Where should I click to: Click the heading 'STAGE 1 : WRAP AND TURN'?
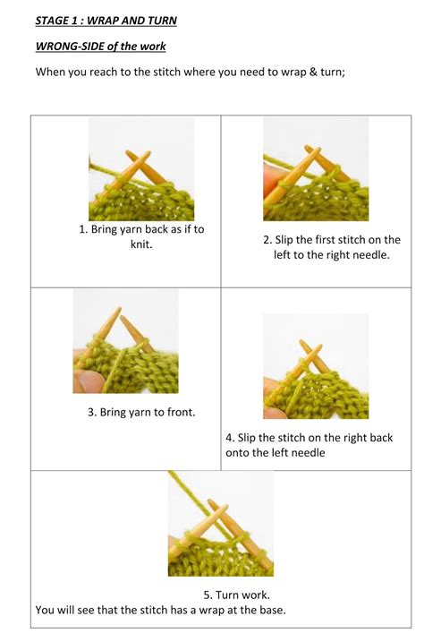(106, 20)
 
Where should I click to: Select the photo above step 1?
(141, 169)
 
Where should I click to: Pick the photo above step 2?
(316, 169)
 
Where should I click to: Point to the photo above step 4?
(316, 366)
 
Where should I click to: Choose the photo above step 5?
(220, 523)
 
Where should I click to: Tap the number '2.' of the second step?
(267, 240)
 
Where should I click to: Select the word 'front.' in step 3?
(179, 413)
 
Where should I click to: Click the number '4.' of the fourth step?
(231, 438)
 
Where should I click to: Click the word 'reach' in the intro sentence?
(108, 72)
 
